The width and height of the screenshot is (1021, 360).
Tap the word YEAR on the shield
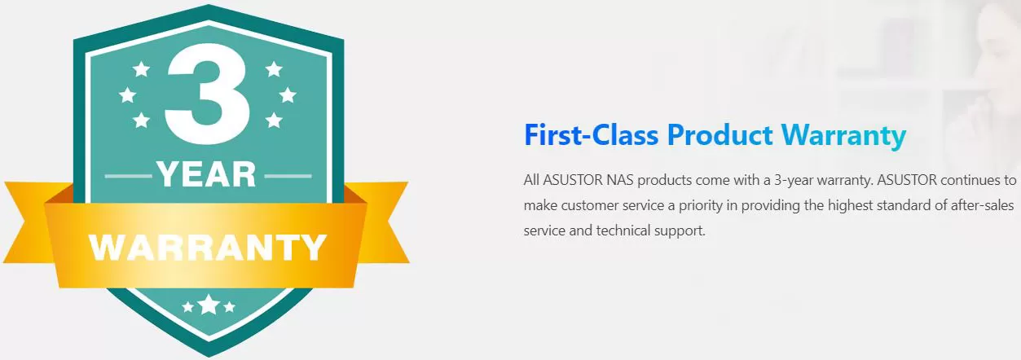point(206,175)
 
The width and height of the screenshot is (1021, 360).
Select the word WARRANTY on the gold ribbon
point(208,247)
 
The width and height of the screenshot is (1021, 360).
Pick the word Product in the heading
point(720,135)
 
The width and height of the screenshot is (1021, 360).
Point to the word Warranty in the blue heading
point(843,136)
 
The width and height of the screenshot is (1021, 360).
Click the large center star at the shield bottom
point(209,305)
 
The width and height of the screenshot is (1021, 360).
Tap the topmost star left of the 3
point(141,69)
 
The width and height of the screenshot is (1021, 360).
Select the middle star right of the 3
point(288,95)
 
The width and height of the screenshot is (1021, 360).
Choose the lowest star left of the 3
point(141,121)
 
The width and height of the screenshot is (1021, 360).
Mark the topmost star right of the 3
point(274,69)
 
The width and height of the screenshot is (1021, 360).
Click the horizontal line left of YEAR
point(128,176)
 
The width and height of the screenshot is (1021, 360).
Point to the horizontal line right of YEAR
point(288,176)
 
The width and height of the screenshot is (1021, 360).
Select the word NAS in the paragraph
point(620,180)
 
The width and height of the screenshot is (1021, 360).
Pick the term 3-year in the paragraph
point(794,181)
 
